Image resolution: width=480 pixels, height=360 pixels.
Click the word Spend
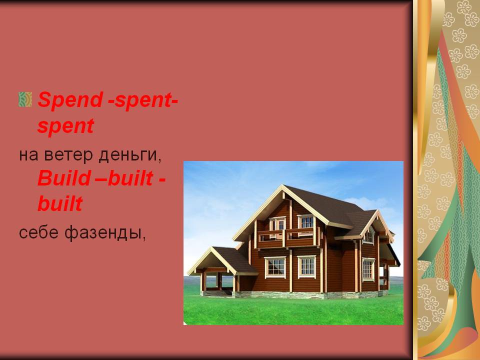tap(70, 99)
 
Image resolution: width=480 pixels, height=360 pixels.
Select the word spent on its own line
tap(65, 126)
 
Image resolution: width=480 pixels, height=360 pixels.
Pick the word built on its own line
tap(60, 203)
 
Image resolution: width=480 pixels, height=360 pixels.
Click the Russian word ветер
tap(68, 154)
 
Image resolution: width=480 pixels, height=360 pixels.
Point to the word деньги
tap(130, 155)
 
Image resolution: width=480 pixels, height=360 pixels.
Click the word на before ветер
tap(28, 155)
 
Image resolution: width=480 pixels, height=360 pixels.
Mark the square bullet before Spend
tap(25, 99)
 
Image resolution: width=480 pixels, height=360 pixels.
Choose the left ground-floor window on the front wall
tap(275, 267)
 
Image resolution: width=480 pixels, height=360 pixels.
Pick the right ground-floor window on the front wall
tap(306, 266)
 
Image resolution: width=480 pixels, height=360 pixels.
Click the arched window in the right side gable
tap(369, 235)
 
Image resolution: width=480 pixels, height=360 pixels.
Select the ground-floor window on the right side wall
tap(368, 269)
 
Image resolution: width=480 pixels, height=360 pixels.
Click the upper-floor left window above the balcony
tap(277, 224)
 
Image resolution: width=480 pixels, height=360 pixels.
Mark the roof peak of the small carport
tap(211, 248)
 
